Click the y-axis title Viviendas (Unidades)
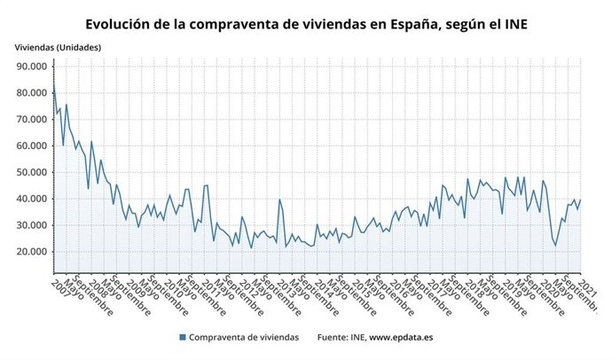pyautogui.click(x=58, y=46)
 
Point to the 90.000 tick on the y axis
pyautogui.click(x=31, y=67)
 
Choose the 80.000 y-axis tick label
pyautogui.click(x=31, y=93)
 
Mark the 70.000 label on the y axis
pyautogui.click(x=31, y=120)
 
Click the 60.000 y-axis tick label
pyautogui.click(x=31, y=146)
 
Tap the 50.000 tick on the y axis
pyautogui.click(x=31, y=172)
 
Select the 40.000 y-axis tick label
pyautogui.click(x=31, y=199)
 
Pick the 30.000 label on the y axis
pyautogui.click(x=31, y=225)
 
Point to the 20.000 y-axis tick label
pyautogui.click(x=31, y=252)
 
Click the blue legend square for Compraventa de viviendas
pyautogui.click(x=182, y=338)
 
